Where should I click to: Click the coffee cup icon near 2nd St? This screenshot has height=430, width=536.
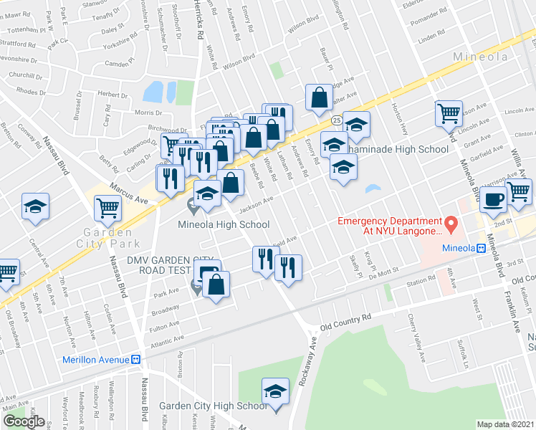tap(493, 200)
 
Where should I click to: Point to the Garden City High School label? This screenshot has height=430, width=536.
tap(213, 406)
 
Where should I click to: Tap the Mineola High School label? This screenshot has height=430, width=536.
tap(224, 224)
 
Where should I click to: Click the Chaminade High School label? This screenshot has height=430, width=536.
tap(398, 148)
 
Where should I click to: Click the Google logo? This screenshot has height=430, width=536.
tap(24, 421)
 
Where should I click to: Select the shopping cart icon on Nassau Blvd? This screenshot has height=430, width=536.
tap(107, 209)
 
